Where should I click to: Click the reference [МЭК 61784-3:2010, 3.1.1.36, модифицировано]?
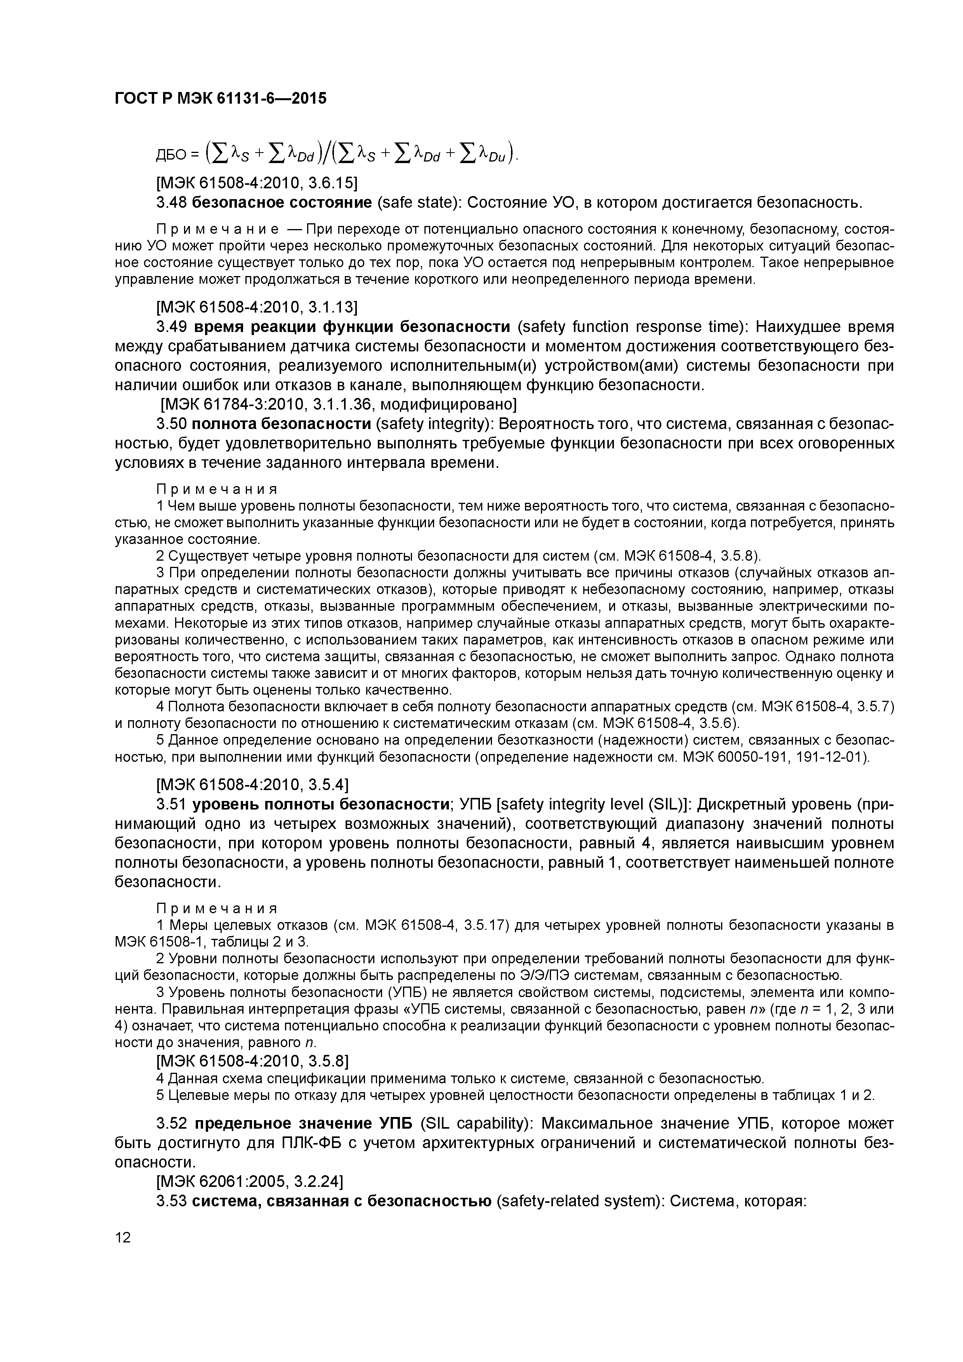pyautogui.click(x=339, y=405)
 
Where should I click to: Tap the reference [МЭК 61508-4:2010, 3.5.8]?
pyautogui.click(x=252, y=1060)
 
